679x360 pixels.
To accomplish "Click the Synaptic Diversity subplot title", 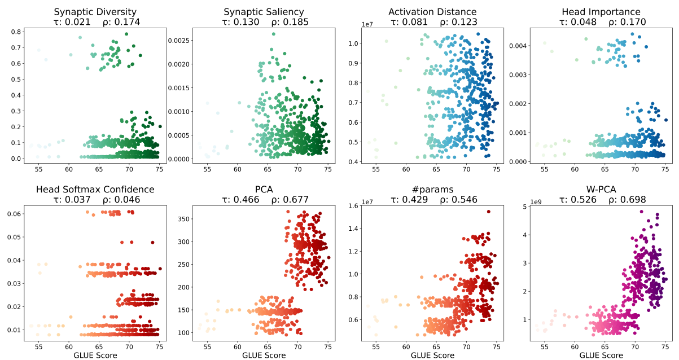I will (x=95, y=11).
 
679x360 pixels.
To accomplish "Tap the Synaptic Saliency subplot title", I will (x=264, y=11).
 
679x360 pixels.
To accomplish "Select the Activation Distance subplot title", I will (x=432, y=11).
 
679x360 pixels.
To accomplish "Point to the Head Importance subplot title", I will (x=601, y=11).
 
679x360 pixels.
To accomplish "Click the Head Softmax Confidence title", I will (x=95, y=189).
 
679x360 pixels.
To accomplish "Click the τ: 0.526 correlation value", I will (x=577, y=199).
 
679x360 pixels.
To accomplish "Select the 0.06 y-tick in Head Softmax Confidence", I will (x=15, y=214).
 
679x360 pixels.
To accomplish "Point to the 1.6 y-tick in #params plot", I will (x=354, y=206).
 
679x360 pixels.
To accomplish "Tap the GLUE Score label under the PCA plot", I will (x=264, y=355).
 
